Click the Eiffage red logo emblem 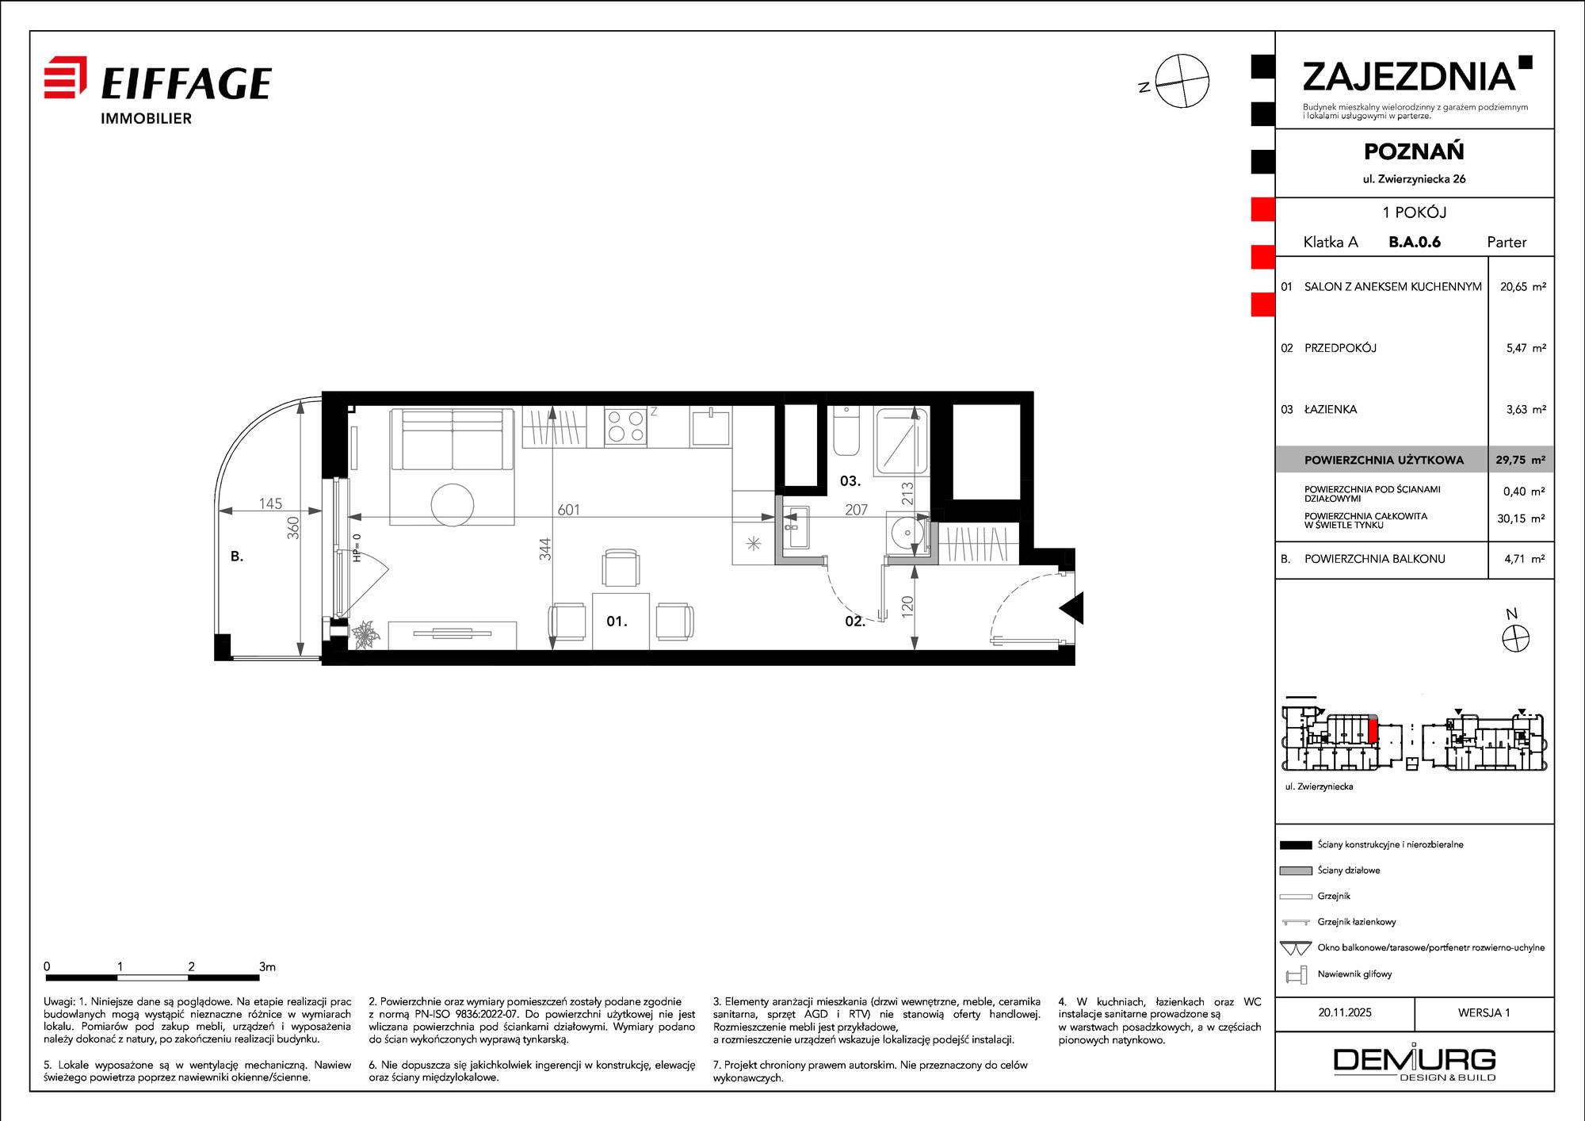coord(65,77)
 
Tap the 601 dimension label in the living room coord(568,510)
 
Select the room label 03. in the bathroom coord(850,481)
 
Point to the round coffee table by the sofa coord(453,505)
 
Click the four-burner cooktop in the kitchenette coord(625,427)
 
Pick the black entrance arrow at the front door coord(1071,608)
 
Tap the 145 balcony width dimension coord(270,503)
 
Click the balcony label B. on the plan coord(236,557)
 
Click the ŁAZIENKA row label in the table coord(1331,410)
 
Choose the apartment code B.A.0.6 coord(1415,242)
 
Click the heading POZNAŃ coord(1414,151)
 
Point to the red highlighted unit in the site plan coord(1373,729)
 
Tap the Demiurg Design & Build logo coord(1415,1063)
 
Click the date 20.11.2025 coord(1345,1012)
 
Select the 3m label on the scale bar coord(267,966)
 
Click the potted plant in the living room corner coord(366,634)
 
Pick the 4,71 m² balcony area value coord(1525,559)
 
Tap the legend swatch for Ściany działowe coord(1296,870)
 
